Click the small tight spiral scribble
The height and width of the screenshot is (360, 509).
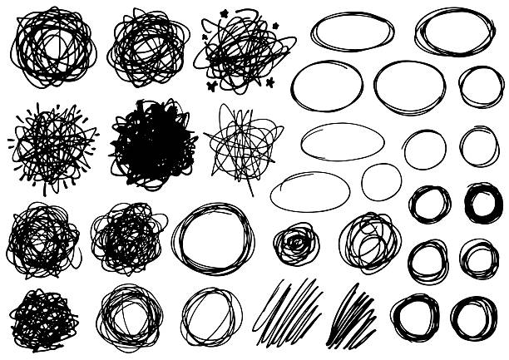click(x=295, y=244)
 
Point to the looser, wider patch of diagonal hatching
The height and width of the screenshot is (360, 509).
click(x=289, y=312)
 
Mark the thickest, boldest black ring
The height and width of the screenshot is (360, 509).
click(x=482, y=202)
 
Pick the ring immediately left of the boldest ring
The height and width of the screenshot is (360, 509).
click(x=430, y=203)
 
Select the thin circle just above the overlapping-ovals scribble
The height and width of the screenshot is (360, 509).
click(x=381, y=181)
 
